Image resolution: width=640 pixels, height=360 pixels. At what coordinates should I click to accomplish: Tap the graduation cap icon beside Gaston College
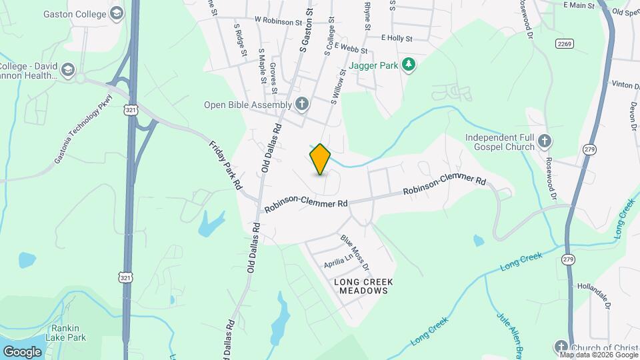pos(117,13)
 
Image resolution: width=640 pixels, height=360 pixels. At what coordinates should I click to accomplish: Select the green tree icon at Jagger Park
pos(409,65)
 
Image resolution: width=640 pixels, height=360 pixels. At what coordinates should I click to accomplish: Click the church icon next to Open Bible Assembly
pos(302,104)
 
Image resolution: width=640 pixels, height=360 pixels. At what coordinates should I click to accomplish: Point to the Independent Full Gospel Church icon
pos(545,141)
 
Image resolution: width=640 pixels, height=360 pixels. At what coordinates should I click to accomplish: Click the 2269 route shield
pos(563,43)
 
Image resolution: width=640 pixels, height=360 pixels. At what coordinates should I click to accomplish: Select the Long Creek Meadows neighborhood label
pos(363,287)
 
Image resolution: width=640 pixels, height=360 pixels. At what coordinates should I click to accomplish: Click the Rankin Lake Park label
pos(66,333)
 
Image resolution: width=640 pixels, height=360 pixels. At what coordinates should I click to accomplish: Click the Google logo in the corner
pos(22,351)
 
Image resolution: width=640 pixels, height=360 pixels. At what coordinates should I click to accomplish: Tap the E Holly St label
pos(397,39)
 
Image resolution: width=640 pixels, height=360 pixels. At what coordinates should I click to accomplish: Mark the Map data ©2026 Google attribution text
pos(599,355)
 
